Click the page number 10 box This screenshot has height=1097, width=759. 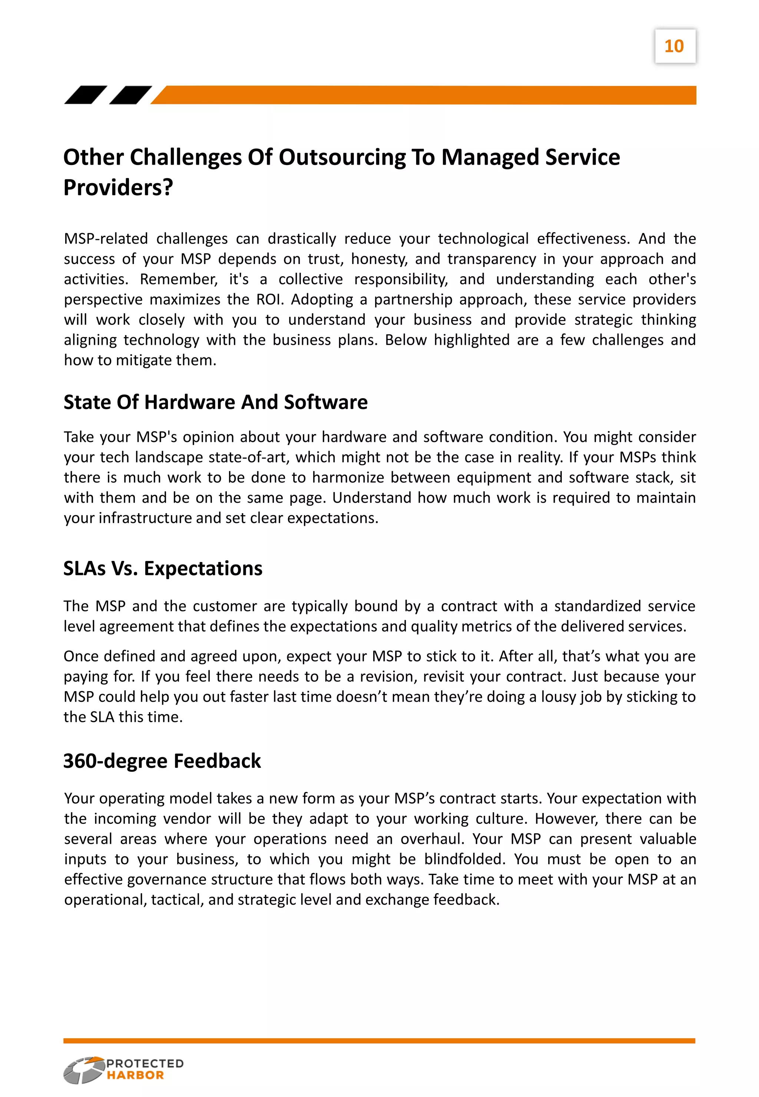675,46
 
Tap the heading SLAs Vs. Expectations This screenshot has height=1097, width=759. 163,568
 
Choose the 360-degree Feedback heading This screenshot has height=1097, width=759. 162,761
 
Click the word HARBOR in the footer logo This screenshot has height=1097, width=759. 135,1075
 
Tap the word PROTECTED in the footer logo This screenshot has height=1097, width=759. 145,1063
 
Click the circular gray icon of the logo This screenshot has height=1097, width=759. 84,1070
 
